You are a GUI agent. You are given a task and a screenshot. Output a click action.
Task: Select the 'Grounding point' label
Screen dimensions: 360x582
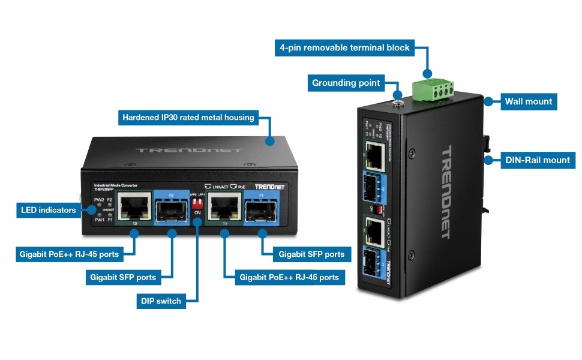[346, 83]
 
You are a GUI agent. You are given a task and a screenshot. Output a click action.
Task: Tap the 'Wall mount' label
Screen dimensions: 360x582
[528, 101]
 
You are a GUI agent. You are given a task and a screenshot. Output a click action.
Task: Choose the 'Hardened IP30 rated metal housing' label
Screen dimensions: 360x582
[188, 118]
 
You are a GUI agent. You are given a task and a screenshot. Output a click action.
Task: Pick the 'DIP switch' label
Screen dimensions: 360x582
[160, 301]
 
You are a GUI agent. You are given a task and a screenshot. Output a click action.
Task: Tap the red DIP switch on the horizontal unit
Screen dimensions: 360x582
[195, 205]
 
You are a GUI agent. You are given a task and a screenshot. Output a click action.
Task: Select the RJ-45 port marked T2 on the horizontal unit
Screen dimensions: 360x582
[135, 208]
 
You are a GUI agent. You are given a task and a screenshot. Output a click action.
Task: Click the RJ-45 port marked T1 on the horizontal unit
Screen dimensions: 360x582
[224, 208]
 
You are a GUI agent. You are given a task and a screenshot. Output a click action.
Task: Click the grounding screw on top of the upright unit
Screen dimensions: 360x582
[397, 103]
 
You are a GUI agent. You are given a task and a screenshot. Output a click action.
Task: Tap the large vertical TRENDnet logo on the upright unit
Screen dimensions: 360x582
[451, 192]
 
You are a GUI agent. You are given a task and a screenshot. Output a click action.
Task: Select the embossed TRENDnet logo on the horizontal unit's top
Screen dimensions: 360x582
[188, 150]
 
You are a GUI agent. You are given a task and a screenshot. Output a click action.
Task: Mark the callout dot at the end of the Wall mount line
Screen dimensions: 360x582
[488, 102]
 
